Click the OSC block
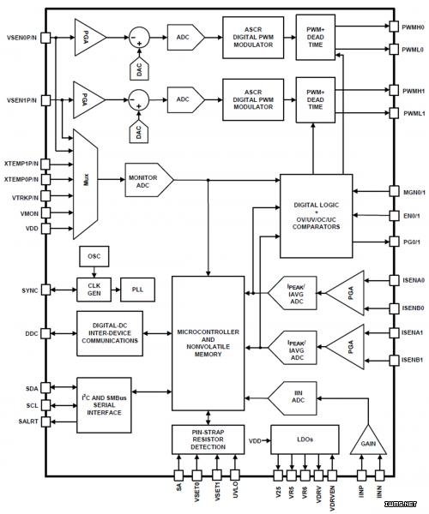[x=94, y=256]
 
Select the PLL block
[x=137, y=290]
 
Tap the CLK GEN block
[x=94, y=290]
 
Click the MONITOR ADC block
[x=149, y=180]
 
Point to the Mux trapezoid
[x=85, y=184]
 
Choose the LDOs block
[x=305, y=439]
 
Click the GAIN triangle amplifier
[x=368, y=441]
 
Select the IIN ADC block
[x=293, y=398]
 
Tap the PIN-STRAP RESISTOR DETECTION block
[x=208, y=439]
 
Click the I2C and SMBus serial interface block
[x=104, y=405]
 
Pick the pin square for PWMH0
[x=394, y=27]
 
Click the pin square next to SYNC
[x=46, y=290]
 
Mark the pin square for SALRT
[x=46, y=421]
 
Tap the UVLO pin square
[x=235, y=475]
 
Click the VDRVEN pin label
[x=332, y=498]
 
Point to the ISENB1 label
[x=413, y=361]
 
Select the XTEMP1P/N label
[x=21, y=164]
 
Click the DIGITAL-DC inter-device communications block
[x=110, y=333]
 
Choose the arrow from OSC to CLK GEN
[x=94, y=272]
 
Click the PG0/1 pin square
[x=394, y=242]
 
